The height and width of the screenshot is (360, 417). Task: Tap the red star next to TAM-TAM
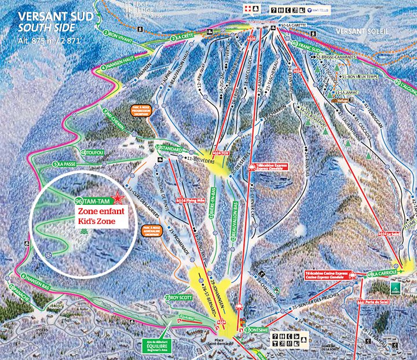point(118,199)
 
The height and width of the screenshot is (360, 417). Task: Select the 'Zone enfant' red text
point(100,212)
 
